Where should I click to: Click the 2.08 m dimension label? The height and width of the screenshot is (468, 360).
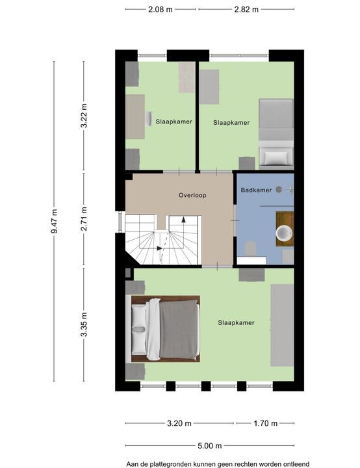pyautogui.click(x=161, y=9)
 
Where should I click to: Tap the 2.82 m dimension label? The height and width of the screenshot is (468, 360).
pyautogui.click(x=246, y=9)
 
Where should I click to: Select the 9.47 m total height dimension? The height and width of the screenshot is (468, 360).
pyautogui.click(x=54, y=221)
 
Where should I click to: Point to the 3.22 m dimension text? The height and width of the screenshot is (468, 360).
pyautogui.click(x=84, y=116)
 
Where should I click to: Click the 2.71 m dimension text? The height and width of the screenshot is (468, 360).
pyautogui.click(x=84, y=219)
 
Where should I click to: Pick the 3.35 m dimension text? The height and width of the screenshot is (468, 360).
pyautogui.click(x=84, y=324)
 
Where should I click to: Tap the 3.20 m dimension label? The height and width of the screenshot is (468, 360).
pyautogui.click(x=179, y=423)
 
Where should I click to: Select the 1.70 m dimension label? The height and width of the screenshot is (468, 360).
pyautogui.click(x=265, y=423)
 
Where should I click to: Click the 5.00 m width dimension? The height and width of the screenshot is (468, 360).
pyautogui.click(x=209, y=446)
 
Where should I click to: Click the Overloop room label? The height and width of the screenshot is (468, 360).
pyautogui.click(x=192, y=195)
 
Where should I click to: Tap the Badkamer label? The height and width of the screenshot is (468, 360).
pyautogui.click(x=256, y=190)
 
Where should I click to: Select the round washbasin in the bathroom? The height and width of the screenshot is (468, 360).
pyautogui.click(x=284, y=233)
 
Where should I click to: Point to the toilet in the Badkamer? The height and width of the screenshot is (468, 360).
pyautogui.click(x=250, y=248)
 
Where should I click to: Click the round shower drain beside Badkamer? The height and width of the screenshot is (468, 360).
pyautogui.click(x=279, y=189)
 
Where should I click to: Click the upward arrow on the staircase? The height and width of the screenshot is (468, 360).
pyautogui.click(x=183, y=220)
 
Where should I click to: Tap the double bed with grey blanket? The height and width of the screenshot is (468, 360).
pyautogui.click(x=166, y=329)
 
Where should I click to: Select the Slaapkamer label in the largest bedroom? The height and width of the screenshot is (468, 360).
pyautogui.click(x=236, y=322)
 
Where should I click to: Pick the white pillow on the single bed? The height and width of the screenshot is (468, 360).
pyautogui.click(x=276, y=157)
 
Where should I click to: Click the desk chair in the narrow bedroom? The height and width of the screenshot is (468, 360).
pyautogui.click(x=148, y=119)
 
